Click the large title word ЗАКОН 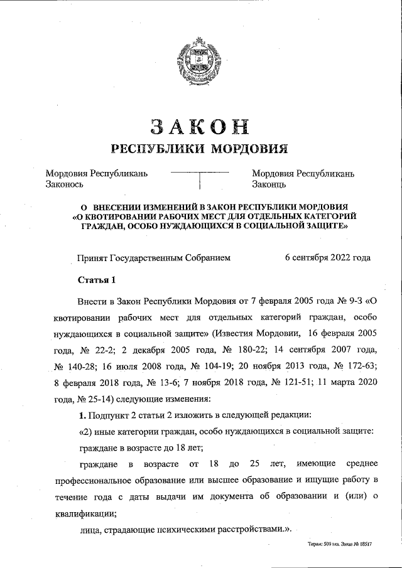199,126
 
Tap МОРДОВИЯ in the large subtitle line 248,149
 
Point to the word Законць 269,184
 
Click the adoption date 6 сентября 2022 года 327,257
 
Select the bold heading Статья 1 96,279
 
